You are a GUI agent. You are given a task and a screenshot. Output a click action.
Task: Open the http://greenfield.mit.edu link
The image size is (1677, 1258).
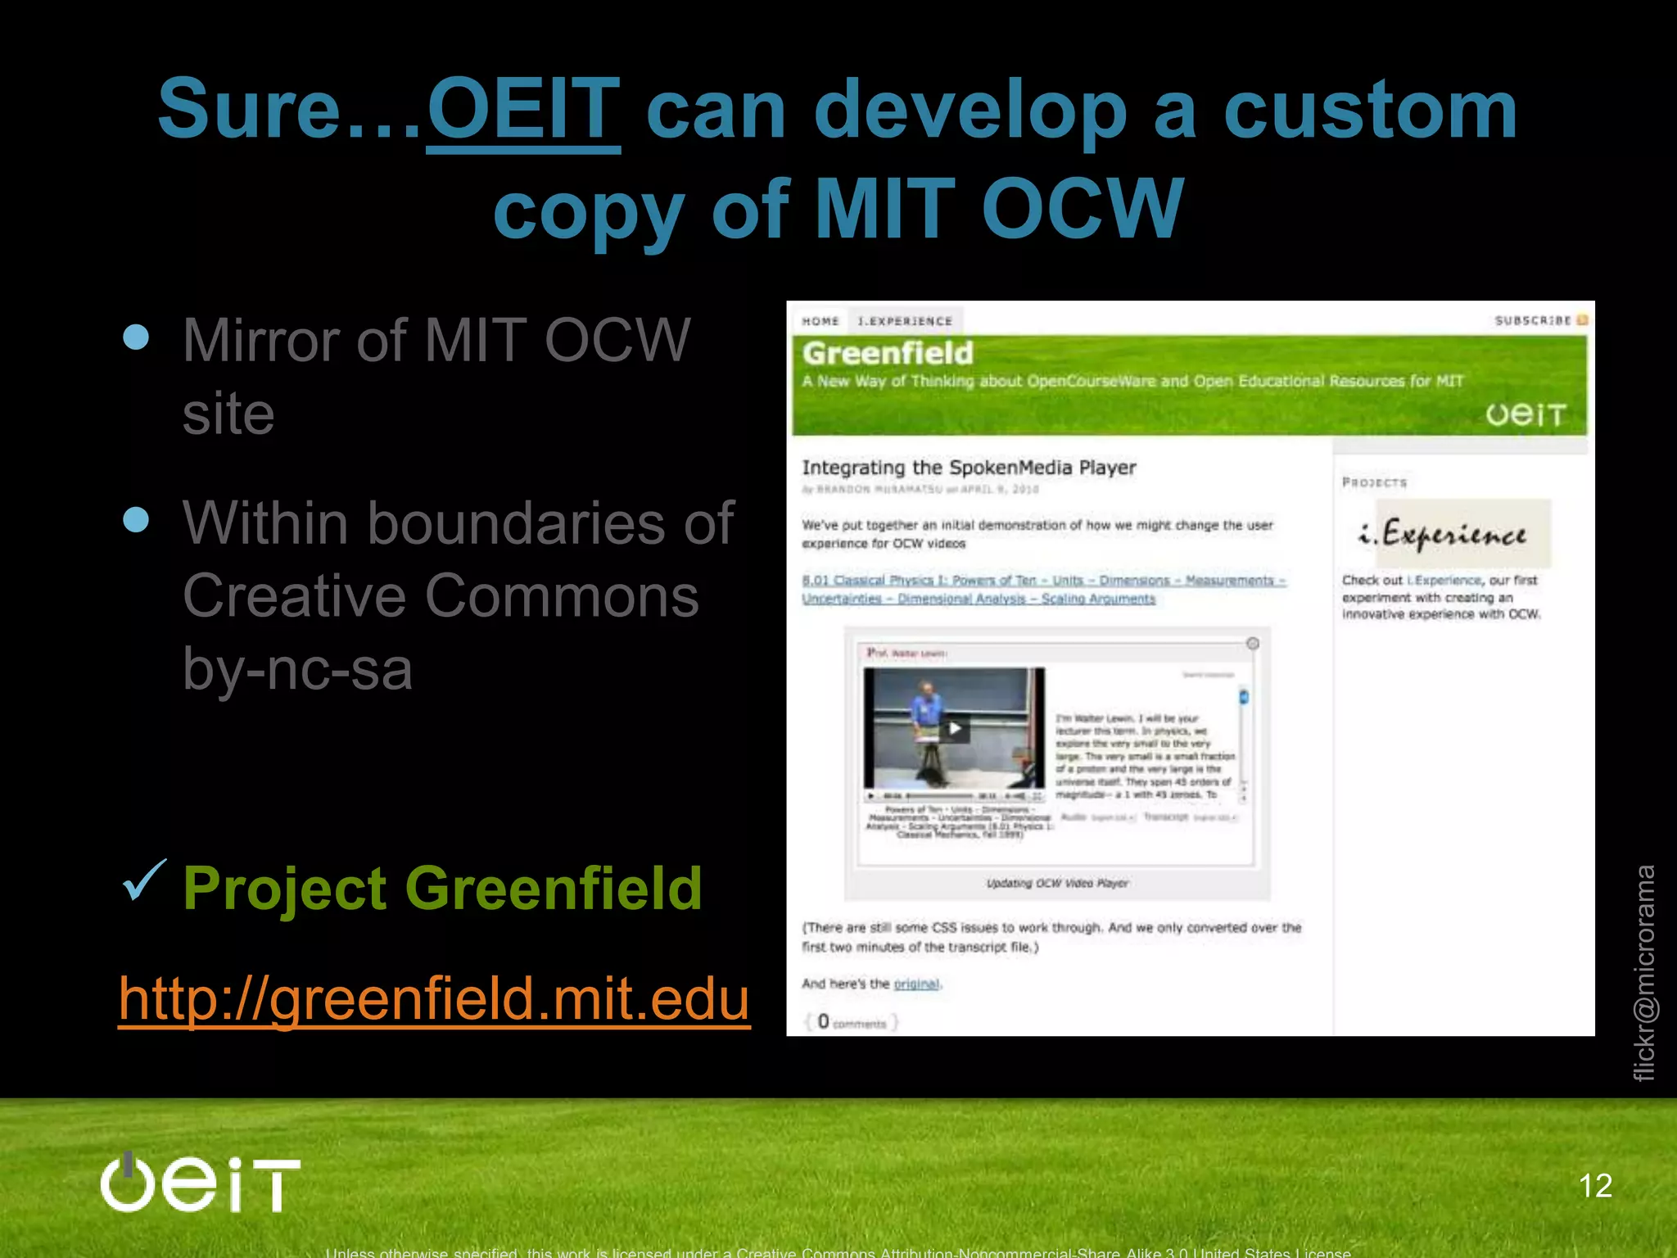point(434,998)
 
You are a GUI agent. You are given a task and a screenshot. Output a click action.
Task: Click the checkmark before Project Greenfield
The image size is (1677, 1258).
point(144,881)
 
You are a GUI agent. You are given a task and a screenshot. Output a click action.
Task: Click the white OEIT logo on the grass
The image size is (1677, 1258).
point(201,1183)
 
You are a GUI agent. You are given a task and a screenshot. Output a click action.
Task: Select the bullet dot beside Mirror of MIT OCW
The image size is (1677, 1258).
point(136,337)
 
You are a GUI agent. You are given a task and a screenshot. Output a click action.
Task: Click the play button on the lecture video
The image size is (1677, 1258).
point(954,728)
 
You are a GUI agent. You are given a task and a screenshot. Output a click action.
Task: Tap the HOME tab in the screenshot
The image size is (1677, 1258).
point(820,321)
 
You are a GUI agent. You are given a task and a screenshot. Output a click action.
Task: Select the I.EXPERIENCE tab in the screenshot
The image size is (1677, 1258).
point(905,321)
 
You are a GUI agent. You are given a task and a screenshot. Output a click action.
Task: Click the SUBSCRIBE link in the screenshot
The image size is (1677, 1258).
point(1533,320)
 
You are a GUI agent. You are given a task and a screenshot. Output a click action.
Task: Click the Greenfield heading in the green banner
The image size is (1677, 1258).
point(888,353)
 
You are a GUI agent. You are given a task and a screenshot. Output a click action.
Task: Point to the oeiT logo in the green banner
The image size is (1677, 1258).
point(1526,414)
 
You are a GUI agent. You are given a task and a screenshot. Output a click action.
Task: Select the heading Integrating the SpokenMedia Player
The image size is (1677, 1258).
point(969,468)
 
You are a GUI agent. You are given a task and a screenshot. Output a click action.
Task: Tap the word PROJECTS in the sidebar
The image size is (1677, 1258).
point(1374,482)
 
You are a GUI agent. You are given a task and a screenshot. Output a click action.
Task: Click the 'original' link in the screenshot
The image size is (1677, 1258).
point(916,984)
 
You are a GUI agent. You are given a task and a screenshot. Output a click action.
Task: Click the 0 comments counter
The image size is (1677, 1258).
point(852,1022)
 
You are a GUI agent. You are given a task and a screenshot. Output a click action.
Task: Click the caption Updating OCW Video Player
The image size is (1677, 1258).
point(1056,883)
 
